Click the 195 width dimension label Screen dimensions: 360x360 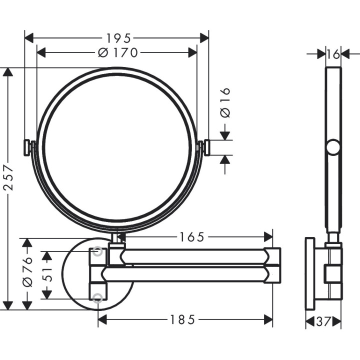point(118,38)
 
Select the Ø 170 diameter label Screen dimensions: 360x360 point(118,52)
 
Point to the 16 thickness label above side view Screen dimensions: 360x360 point(333,54)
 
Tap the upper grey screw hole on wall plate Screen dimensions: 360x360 point(98,251)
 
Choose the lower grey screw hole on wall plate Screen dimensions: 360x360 point(98,298)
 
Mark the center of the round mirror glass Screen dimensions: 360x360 point(116,150)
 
